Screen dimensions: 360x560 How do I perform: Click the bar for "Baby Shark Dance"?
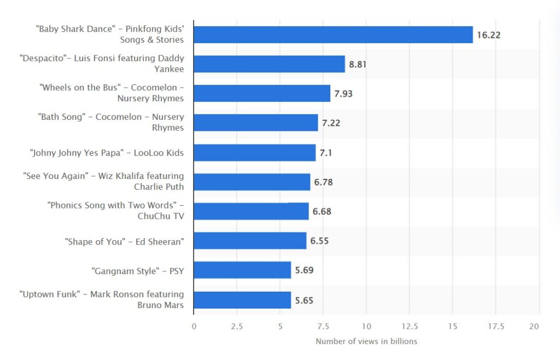333,34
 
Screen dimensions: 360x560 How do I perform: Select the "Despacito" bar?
269,64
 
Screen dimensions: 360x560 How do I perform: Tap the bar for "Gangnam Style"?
242,270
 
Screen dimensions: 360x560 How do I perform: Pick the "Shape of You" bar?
250,241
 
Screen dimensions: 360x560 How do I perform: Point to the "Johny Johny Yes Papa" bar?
254,153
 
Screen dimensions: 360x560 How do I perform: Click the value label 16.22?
488,35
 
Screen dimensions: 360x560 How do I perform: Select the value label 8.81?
358,64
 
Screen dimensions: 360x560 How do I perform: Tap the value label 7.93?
343,94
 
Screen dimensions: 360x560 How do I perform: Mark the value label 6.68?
322,211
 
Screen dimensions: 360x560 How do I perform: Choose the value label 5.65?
304,300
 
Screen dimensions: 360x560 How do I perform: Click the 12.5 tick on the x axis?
410,326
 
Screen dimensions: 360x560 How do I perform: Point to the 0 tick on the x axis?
194,326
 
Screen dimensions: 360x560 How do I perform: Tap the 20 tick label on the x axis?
534,326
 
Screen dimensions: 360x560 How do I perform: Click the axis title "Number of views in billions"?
366,341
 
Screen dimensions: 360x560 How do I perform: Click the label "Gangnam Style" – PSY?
137,270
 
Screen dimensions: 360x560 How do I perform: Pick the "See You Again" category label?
103,181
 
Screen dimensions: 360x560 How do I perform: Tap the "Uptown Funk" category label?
102,299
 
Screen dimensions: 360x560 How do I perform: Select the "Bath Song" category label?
110,122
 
